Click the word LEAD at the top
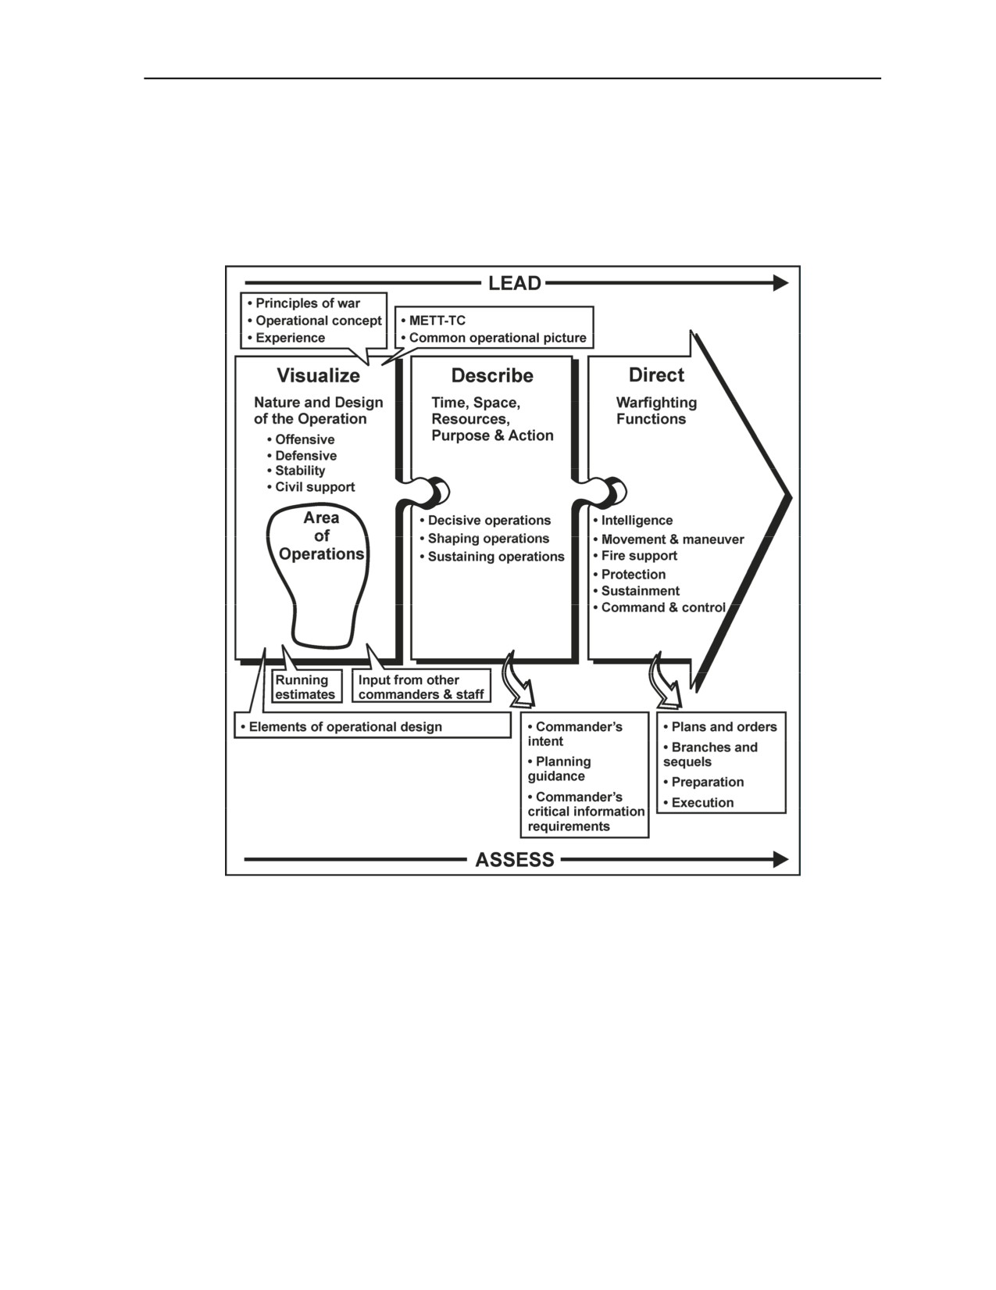(514, 283)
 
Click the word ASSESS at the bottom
(514, 859)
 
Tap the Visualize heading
(318, 375)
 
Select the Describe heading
(492, 375)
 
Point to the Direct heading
(656, 374)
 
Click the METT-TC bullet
(433, 321)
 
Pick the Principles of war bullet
(304, 303)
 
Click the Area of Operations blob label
(321, 536)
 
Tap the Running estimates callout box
(307, 687)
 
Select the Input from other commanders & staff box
(421, 686)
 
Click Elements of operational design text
(341, 726)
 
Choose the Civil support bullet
(311, 487)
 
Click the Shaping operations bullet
(484, 539)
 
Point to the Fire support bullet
(635, 556)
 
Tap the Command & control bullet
(659, 607)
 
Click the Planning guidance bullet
(559, 769)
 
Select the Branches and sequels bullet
(710, 754)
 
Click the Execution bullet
(698, 803)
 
